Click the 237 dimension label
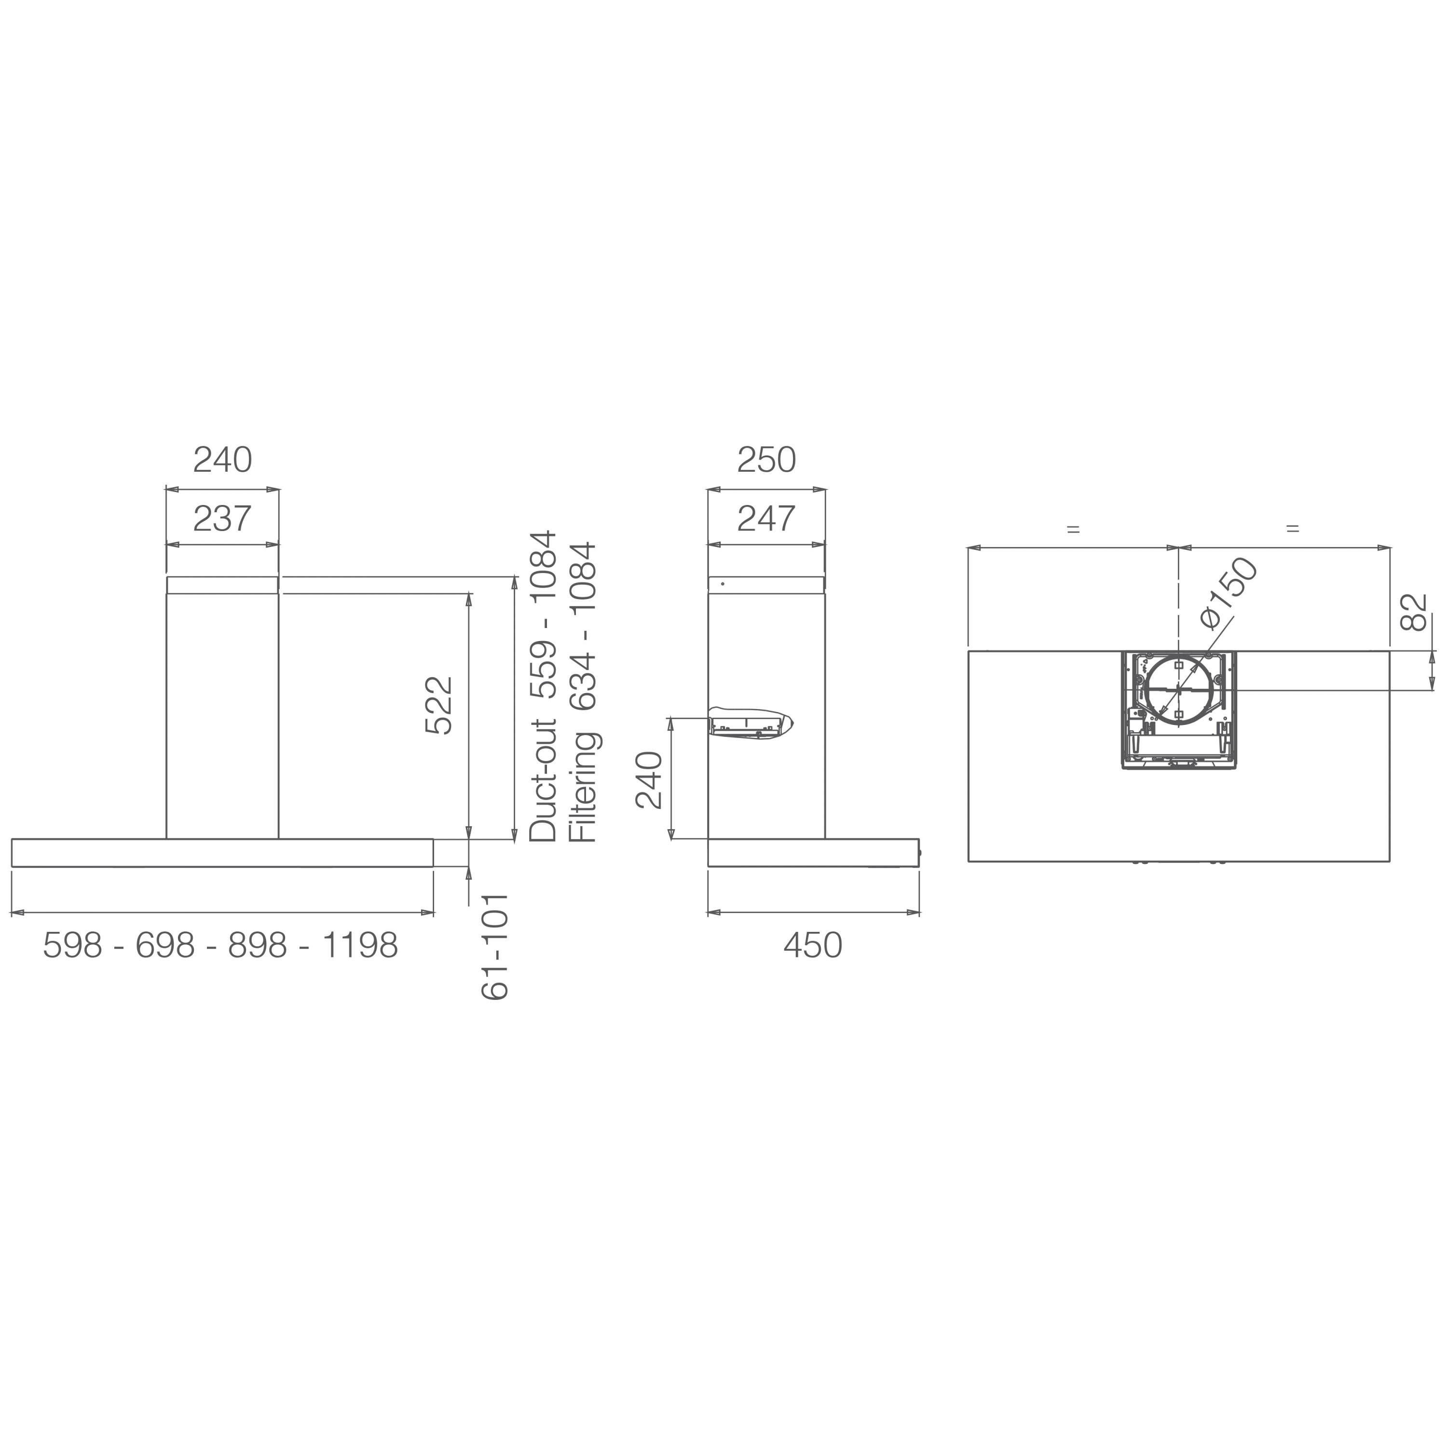pos(222,519)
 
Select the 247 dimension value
pos(766,519)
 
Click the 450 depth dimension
pos(813,946)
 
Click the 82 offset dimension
pos(1414,612)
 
